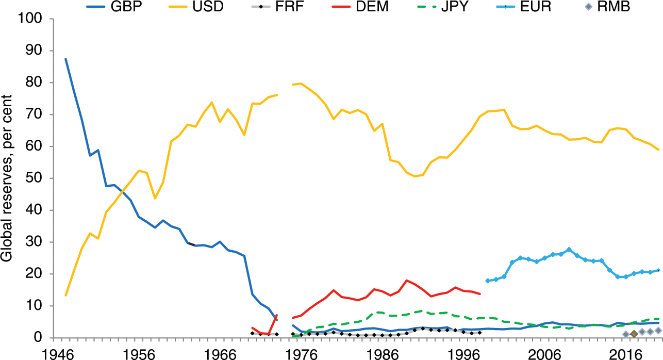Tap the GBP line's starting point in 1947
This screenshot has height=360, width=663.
(65, 59)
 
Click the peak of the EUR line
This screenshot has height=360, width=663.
(569, 250)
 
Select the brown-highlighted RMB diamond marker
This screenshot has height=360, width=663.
(634, 334)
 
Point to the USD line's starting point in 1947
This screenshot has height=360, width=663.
(65, 295)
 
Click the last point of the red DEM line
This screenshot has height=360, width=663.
(480, 294)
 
